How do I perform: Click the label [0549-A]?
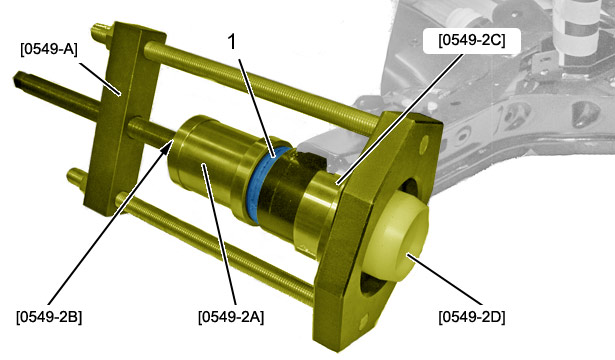[x=49, y=49]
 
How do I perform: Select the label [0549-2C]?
[x=472, y=40]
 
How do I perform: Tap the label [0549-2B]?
[x=49, y=316]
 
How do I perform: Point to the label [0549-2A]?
[x=231, y=316]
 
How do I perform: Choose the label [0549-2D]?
[x=472, y=316]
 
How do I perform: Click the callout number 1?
[x=232, y=42]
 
